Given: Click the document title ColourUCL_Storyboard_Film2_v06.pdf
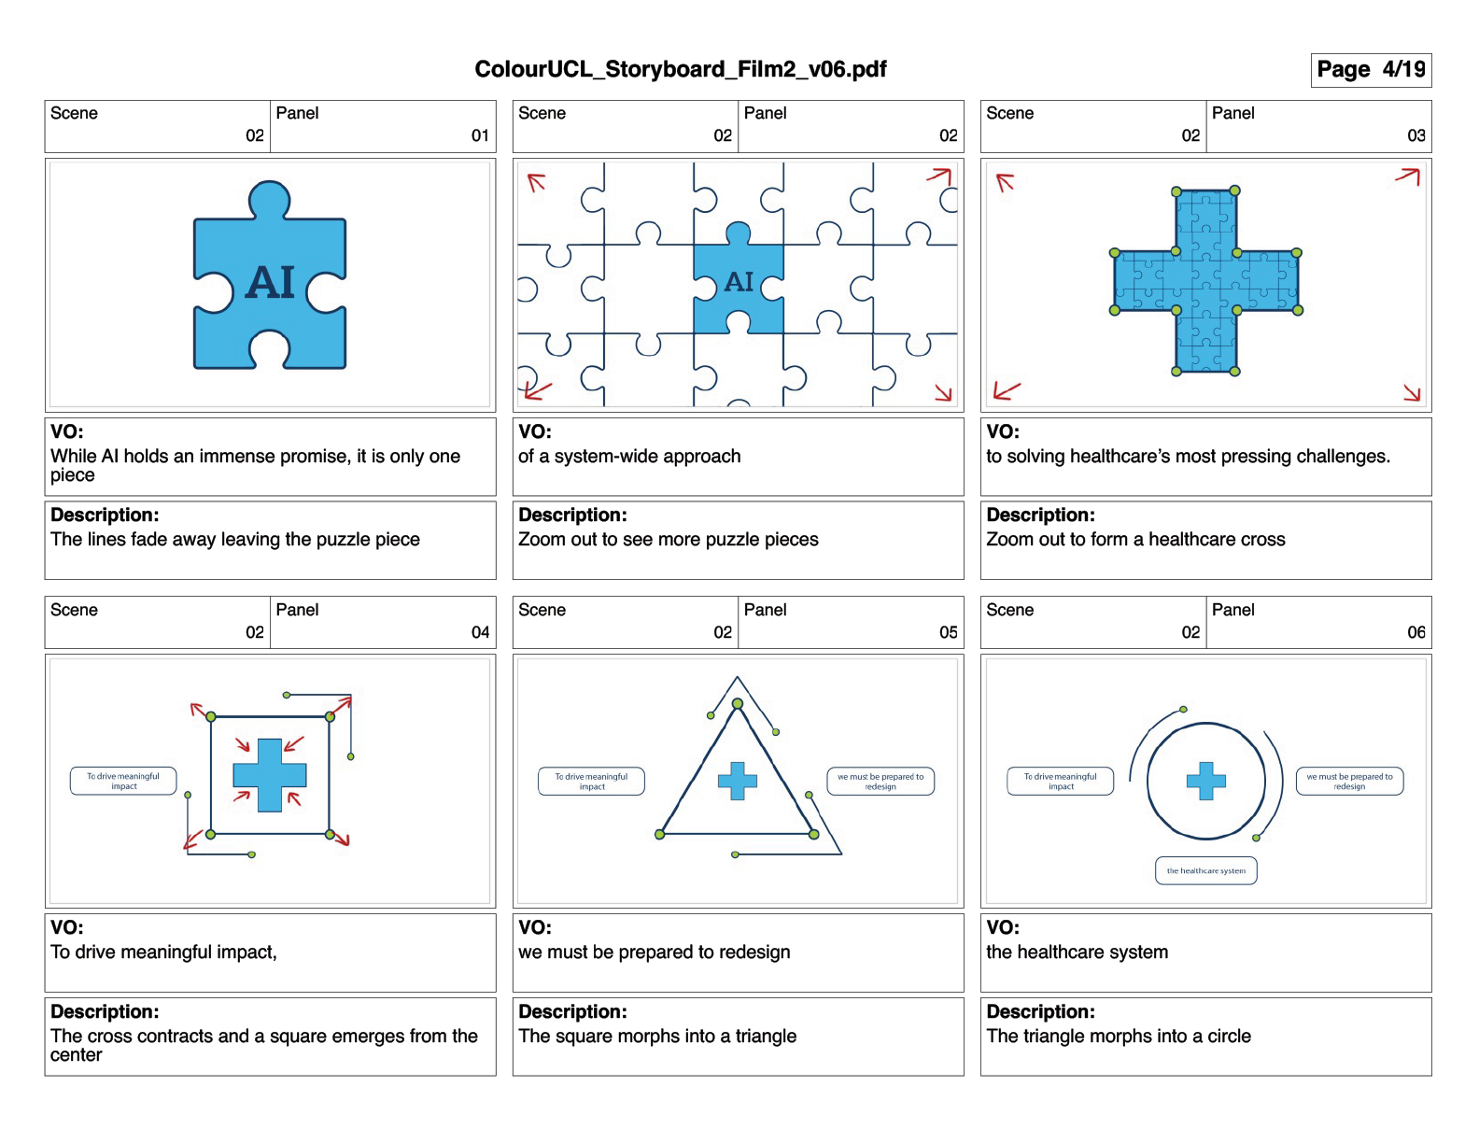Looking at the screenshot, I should (x=680, y=69).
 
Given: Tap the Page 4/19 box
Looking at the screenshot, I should (x=1370, y=70).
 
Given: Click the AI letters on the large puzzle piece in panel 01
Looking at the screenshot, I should (x=270, y=282).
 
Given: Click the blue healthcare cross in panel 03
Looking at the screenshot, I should (x=1205, y=281).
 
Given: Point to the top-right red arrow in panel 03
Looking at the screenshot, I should (x=1408, y=176).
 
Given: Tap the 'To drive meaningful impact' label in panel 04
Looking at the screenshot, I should (x=123, y=781).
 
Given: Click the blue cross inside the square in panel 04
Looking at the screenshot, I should (x=269, y=775).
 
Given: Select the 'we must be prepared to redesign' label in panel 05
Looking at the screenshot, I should (x=880, y=781).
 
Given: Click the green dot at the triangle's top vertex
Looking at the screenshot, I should (x=738, y=704).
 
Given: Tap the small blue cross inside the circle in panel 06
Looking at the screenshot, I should (x=1205, y=781).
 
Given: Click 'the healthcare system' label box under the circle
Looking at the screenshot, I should (x=1205, y=870).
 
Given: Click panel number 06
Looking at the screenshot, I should (x=1416, y=632).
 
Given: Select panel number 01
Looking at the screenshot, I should (x=480, y=135).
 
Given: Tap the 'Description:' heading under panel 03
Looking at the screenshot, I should (x=1040, y=515).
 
